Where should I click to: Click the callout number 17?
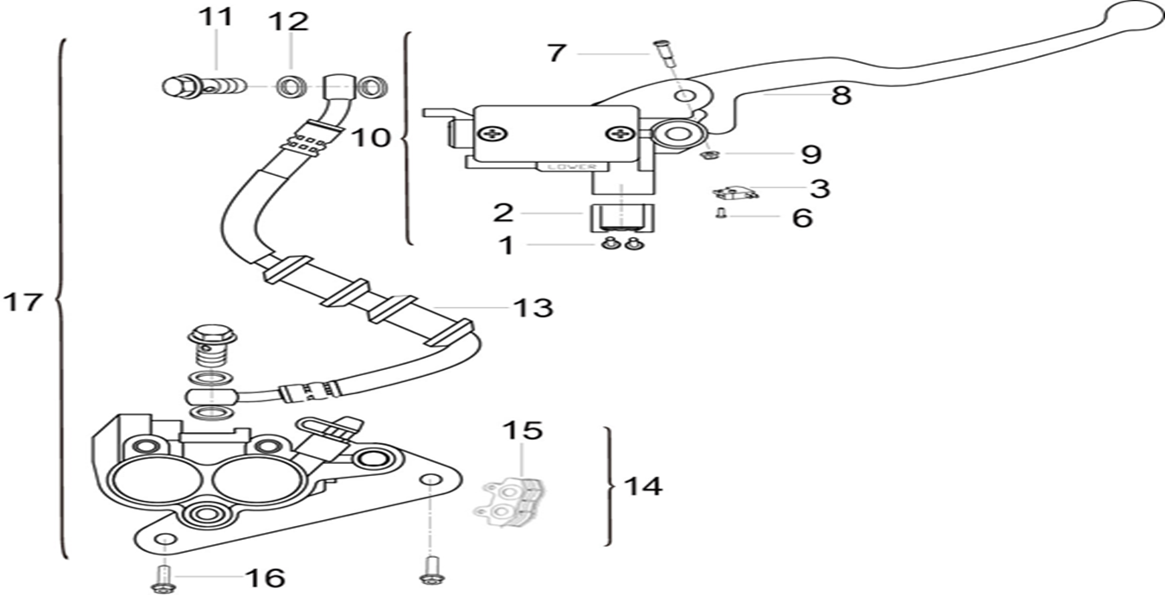22,303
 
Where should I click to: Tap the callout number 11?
215,18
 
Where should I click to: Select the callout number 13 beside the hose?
532,308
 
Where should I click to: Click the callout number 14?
643,486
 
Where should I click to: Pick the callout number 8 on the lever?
841,95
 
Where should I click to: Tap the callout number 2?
504,212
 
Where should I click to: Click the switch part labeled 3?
735,193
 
